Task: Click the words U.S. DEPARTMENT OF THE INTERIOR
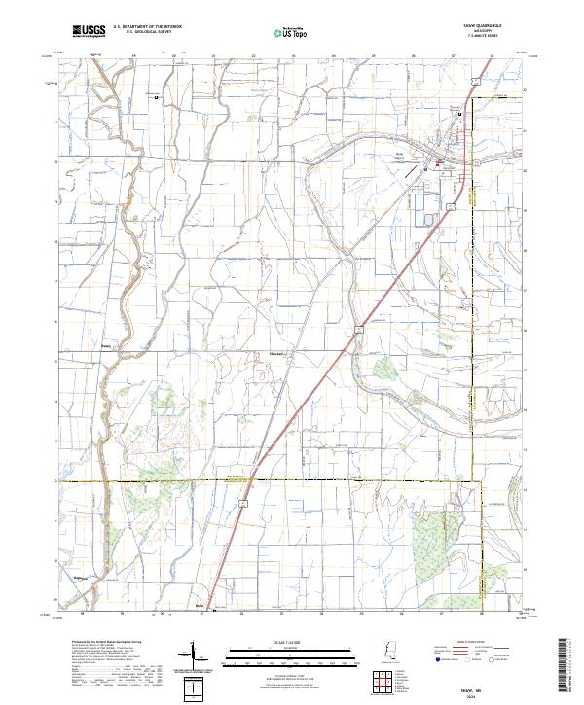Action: click(x=147, y=28)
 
